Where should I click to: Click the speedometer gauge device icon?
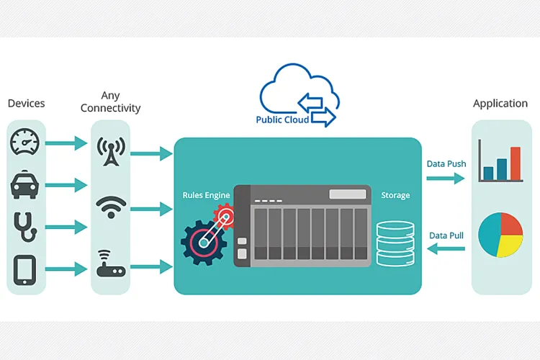pyautogui.click(x=26, y=143)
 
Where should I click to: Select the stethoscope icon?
pyautogui.click(x=26, y=225)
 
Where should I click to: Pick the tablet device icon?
pyautogui.click(x=26, y=269)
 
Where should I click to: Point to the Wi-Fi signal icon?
pyautogui.click(x=110, y=207)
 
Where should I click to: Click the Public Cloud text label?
pyautogui.click(x=282, y=120)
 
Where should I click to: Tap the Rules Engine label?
pyautogui.click(x=207, y=195)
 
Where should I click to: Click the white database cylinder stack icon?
pyautogui.click(x=395, y=242)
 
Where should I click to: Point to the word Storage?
pyautogui.click(x=395, y=195)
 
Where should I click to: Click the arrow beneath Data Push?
pyautogui.click(x=446, y=179)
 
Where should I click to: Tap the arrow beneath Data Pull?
pyautogui.click(x=446, y=249)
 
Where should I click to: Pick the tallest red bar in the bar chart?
pyautogui.click(x=515, y=163)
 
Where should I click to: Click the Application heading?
pyautogui.click(x=500, y=104)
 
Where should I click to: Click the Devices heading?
pyautogui.click(x=26, y=104)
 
